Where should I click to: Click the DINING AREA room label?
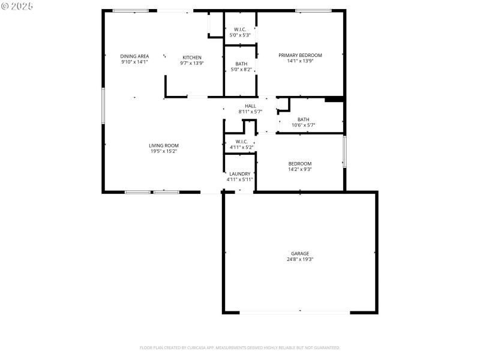(x=134, y=56)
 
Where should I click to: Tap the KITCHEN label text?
(x=192, y=57)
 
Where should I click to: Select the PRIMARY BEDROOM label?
(x=300, y=55)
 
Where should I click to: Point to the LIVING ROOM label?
(x=164, y=145)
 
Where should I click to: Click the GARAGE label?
(x=300, y=253)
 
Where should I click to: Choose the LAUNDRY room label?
(x=240, y=173)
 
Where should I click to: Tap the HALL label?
(x=250, y=106)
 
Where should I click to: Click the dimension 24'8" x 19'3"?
(x=300, y=260)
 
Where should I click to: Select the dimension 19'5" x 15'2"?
(x=164, y=151)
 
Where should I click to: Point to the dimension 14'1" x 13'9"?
(x=300, y=61)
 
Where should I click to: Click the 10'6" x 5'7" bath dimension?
(x=304, y=125)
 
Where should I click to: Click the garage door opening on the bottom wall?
(x=295, y=312)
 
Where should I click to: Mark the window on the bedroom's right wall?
(x=344, y=152)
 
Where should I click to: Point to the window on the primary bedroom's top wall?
(x=313, y=10)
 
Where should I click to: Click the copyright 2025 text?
(x=17, y=5)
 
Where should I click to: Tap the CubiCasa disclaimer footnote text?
(x=240, y=347)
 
